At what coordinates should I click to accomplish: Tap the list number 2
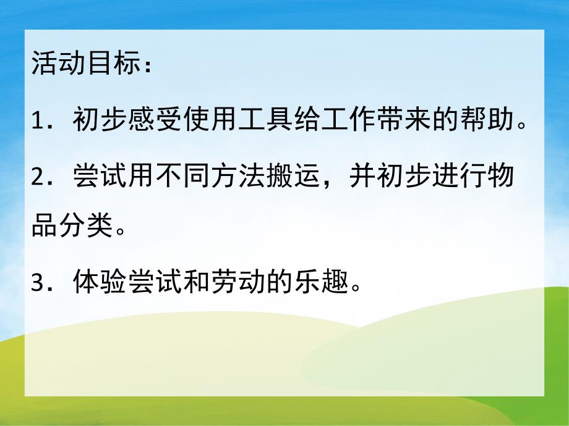click(38, 172)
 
